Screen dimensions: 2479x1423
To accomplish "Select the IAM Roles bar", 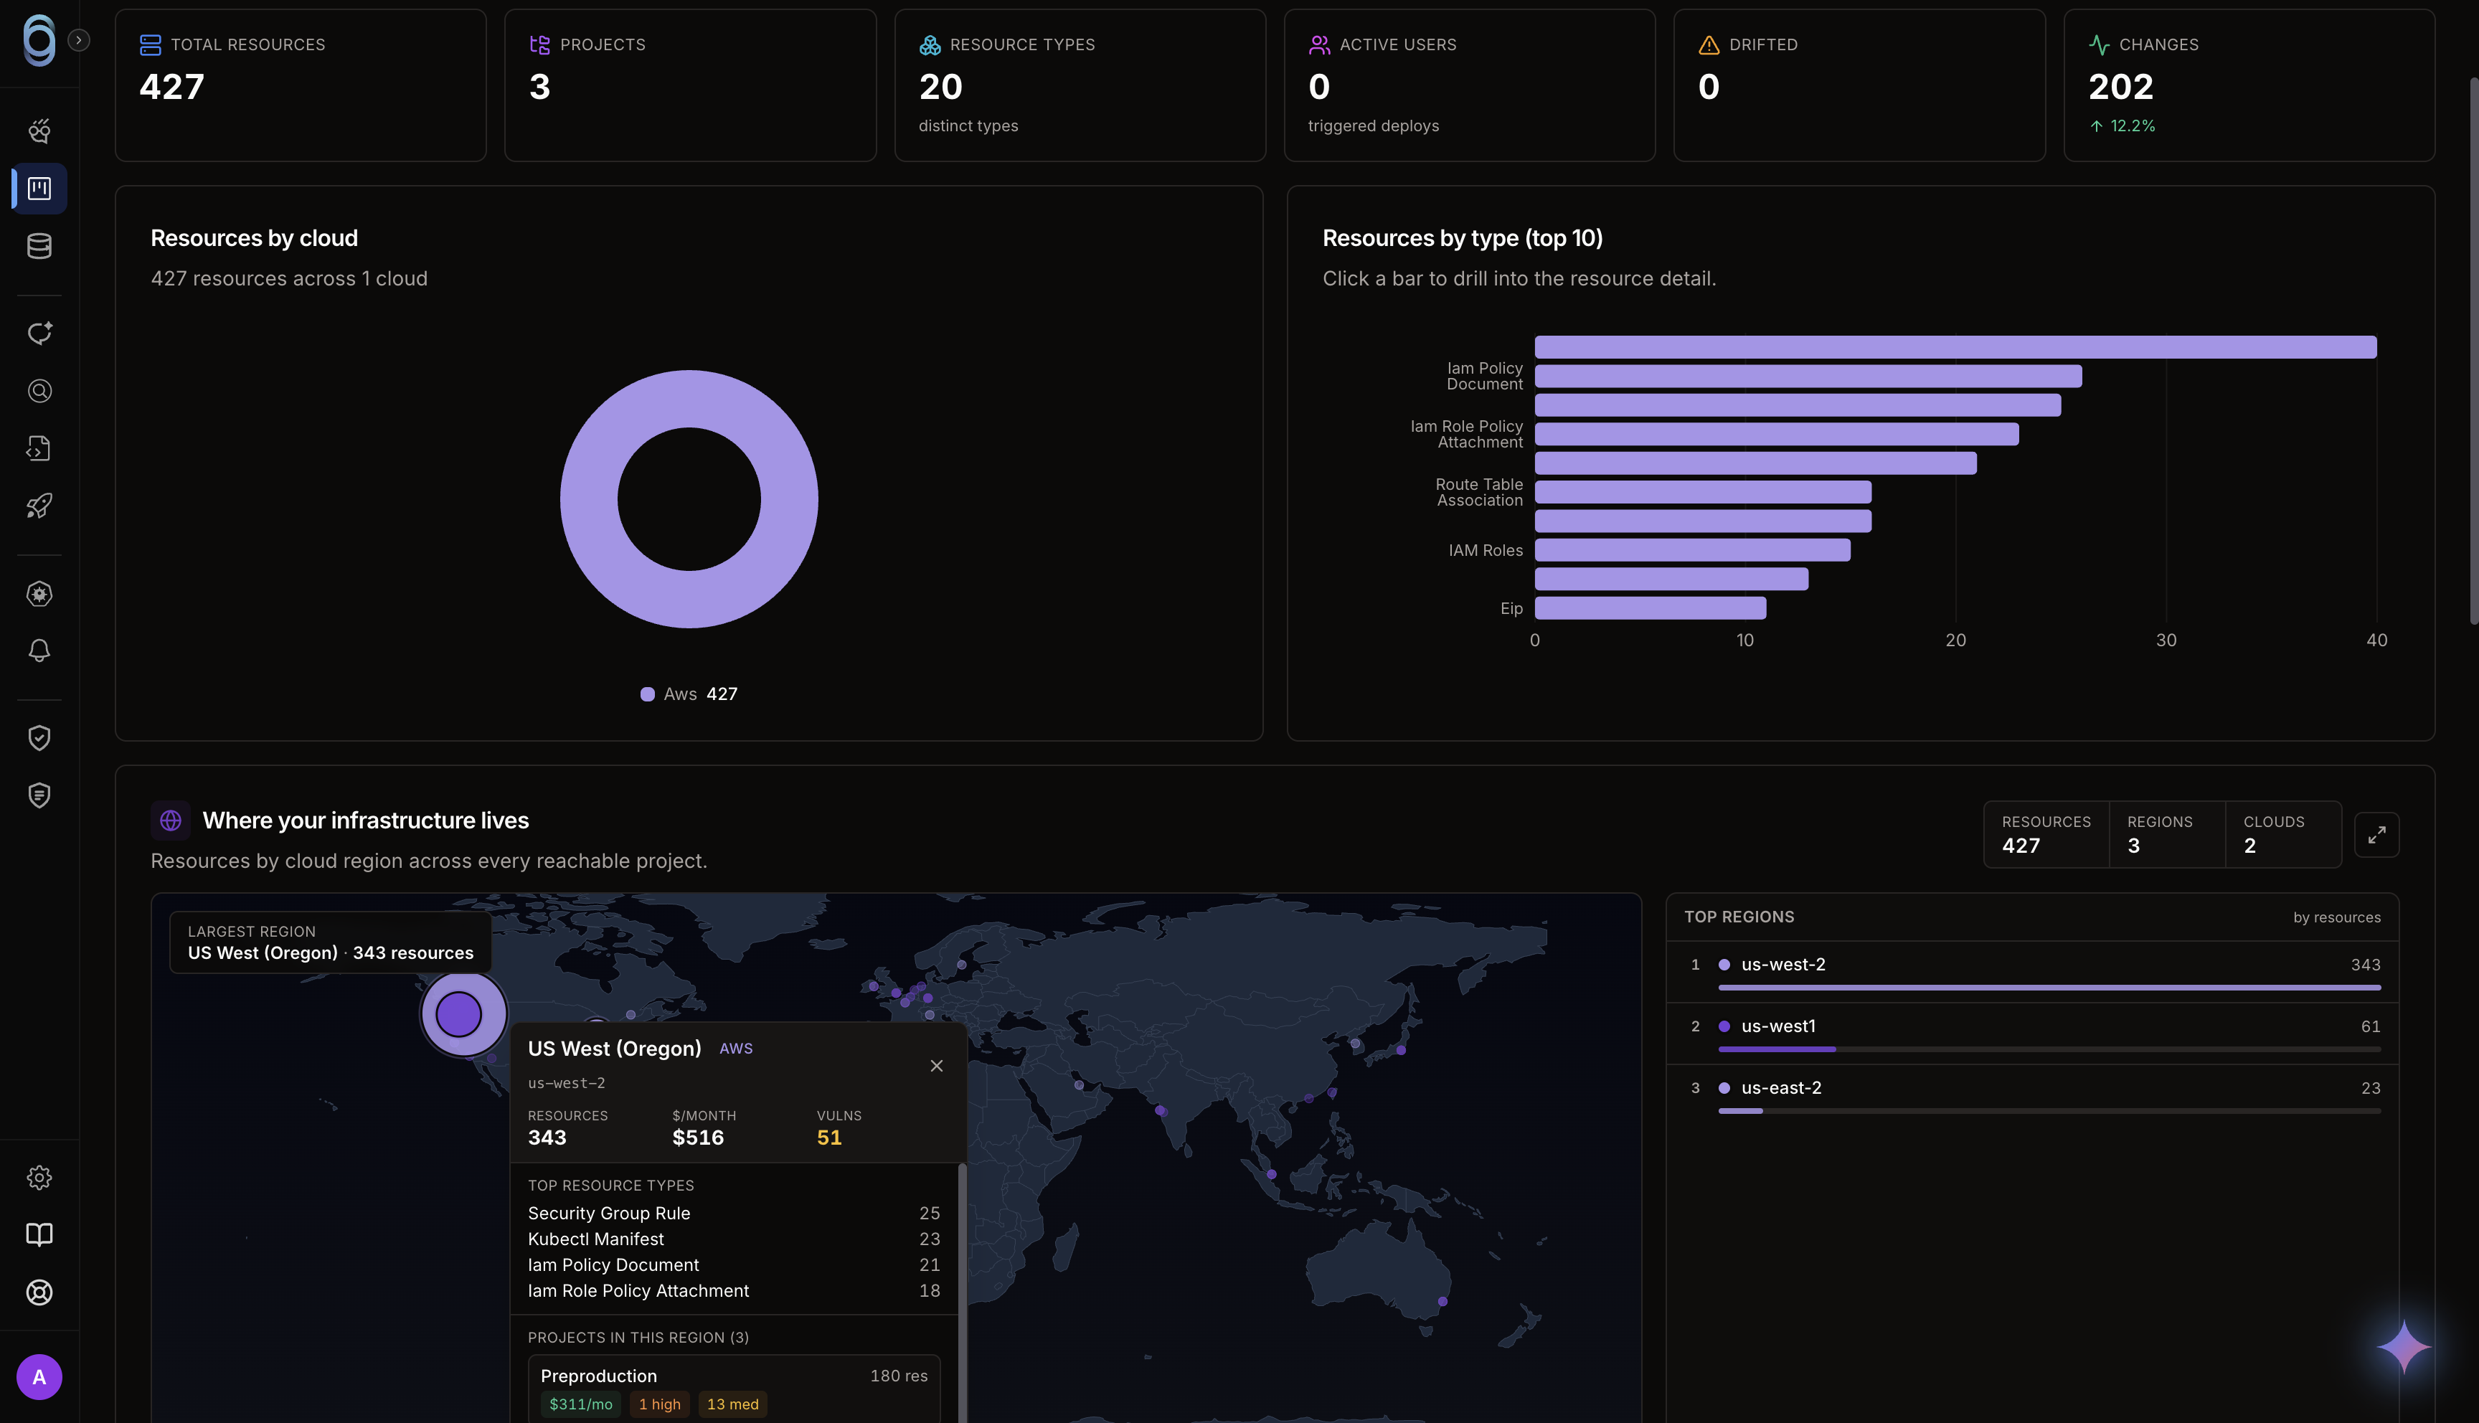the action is [1692, 550].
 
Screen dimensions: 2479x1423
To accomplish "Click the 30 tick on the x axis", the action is [2166, 640].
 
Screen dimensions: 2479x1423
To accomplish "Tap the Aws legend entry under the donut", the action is [689, 694].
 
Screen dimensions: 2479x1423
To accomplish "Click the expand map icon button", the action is [2376, 835].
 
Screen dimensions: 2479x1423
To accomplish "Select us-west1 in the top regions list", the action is [1778, 1026].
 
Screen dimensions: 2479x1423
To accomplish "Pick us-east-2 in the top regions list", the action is [1781, 1088].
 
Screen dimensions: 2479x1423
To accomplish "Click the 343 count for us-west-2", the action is [2366, 965].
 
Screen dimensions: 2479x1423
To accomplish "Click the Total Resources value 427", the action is [172, 87].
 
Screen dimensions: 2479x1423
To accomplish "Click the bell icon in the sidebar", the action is [39, 651].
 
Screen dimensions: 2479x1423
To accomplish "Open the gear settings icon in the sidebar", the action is [39, 1178].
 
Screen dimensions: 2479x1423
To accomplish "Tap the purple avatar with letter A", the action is [39, 1377].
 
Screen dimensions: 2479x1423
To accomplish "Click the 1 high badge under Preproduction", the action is [660, 1404].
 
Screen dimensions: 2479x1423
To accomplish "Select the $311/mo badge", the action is [580, 1404].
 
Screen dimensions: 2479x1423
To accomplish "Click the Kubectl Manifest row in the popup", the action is [734, 1239].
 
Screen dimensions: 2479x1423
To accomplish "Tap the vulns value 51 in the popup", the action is [828, 1138].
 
